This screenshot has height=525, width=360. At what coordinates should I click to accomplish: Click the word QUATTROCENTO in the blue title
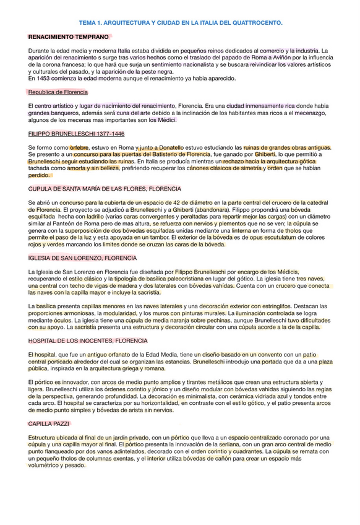254,22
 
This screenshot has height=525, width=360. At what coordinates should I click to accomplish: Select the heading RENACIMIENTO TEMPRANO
68,37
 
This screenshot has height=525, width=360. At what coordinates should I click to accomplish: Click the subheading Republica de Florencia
58,92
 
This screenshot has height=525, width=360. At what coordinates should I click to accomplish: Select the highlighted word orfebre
80,147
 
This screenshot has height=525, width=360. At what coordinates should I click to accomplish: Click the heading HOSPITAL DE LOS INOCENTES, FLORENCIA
88,341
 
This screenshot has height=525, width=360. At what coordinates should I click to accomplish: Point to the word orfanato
111,354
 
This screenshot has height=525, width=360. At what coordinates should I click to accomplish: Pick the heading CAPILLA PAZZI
49,423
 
